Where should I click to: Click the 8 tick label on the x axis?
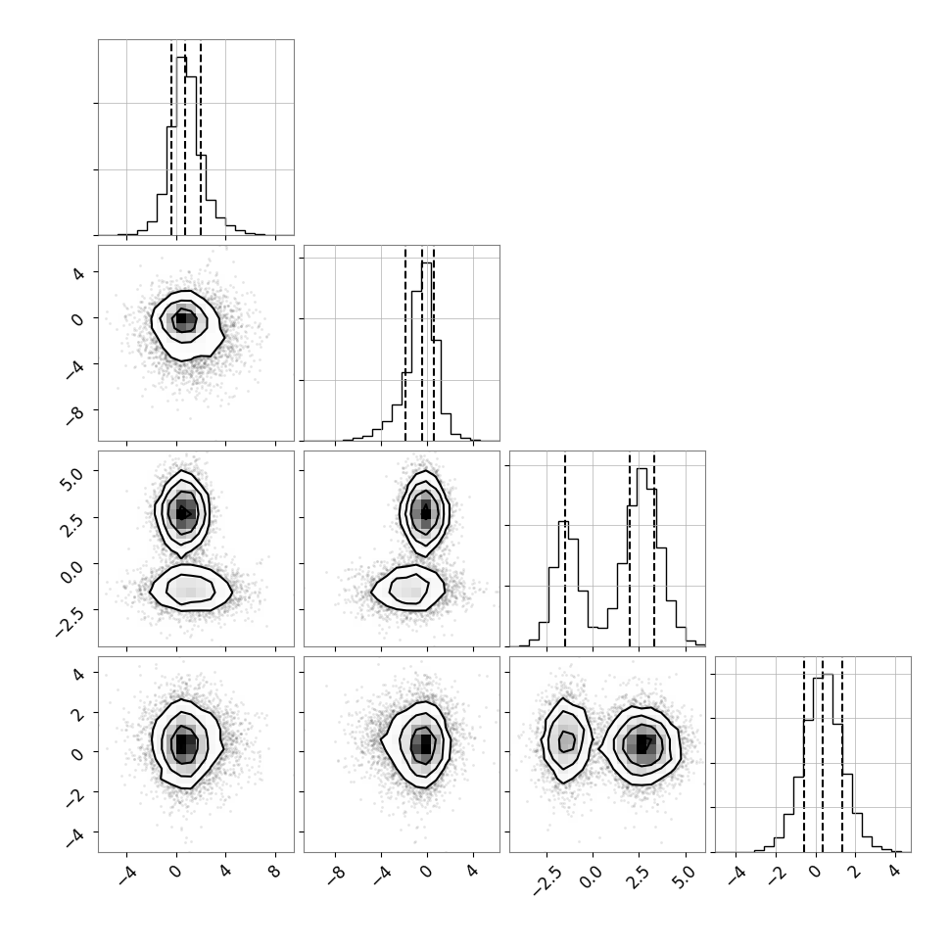(x=274, y=872)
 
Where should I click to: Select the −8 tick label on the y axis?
(x=74, y=415)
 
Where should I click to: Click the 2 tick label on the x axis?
(x=854, y=872)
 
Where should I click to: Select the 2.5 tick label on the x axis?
(x=637, y=878)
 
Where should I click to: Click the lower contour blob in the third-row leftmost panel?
(x=191, y=589)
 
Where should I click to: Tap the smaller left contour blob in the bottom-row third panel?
(x=566, y=740)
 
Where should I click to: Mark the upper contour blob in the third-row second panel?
(x=425, y=513)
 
